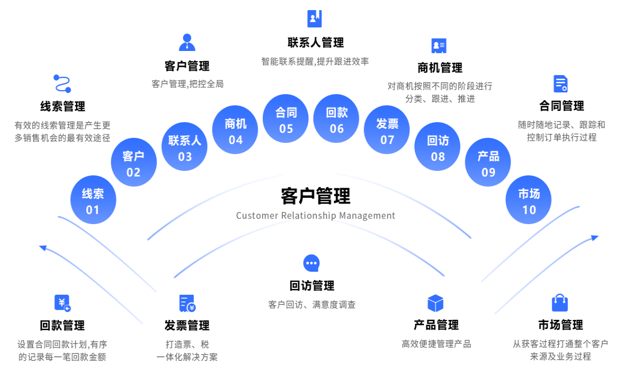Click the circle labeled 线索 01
[x=93, y=201]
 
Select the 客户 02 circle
[x=133, y=162]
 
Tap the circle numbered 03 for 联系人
[x=185, y=147]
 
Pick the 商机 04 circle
[x=235, y=131]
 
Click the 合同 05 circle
[x=286, y=119]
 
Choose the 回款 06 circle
[x=337, y=119]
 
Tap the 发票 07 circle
[x=387, y=131]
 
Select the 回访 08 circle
[x=438, y=147]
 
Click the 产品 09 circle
[x=488, y=162]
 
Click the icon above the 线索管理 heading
[x=62, y=83]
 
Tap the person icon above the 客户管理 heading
[x=187, y=43]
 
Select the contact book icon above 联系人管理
[x=315, y=18]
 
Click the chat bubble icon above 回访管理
[x=311, y=263]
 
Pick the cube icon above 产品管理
[x=435, y=303]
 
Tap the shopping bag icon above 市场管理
[x=560, y=303]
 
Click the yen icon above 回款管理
[x=62, y=303]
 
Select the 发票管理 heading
[x=187, y=326]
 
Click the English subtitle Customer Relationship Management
[x=315, y=216]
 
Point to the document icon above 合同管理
[x=561, y=84]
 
